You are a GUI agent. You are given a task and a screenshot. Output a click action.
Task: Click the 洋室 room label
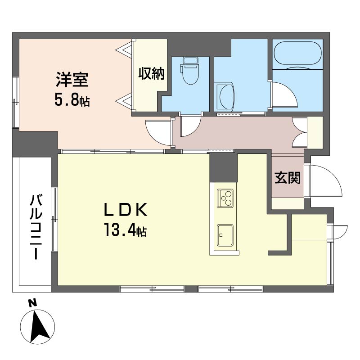72,80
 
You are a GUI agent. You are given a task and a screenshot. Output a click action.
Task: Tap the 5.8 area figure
66,100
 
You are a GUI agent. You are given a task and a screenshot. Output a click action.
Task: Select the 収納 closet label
151,74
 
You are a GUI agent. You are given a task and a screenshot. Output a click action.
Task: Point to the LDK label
126,210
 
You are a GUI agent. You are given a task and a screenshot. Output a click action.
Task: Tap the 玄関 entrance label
288,178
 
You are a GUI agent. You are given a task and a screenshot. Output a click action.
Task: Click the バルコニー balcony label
36,227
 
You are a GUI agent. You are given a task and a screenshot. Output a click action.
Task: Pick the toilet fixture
189,71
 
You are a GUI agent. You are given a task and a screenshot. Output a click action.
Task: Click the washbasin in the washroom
225,97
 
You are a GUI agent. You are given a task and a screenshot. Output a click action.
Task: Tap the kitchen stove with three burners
225,198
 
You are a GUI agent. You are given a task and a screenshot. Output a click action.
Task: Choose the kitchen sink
225,235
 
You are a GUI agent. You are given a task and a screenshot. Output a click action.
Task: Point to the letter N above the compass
32,303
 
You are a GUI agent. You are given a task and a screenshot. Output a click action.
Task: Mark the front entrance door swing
325,180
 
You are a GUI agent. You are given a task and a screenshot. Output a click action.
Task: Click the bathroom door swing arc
285,94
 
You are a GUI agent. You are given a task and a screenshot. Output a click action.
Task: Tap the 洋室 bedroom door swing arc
158,133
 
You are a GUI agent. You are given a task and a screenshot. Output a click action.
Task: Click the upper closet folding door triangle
124,49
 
